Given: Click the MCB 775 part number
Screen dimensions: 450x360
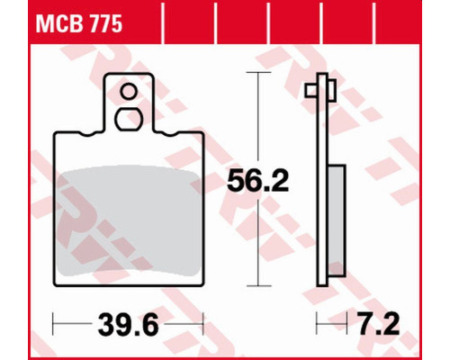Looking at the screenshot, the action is [x=79, y=24].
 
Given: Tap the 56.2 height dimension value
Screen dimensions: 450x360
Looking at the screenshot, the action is [x=257, y=181].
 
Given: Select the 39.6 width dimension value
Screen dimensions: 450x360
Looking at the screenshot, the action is [x=128, y=324].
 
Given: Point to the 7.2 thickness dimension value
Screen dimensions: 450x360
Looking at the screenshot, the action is [x=379, y=324].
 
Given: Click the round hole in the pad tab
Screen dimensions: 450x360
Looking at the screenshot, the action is [x=129, y=92].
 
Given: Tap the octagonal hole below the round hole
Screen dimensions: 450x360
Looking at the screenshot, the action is [x=129, y=120].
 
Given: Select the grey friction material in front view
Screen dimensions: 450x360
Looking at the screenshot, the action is [x=129, y=221].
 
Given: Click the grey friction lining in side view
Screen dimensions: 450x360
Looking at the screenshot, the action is [x=337, y=220].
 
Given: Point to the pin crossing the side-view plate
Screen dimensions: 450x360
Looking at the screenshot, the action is [x=320, y=90].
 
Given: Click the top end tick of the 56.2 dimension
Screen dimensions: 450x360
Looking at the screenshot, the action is [x=258, y=72].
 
